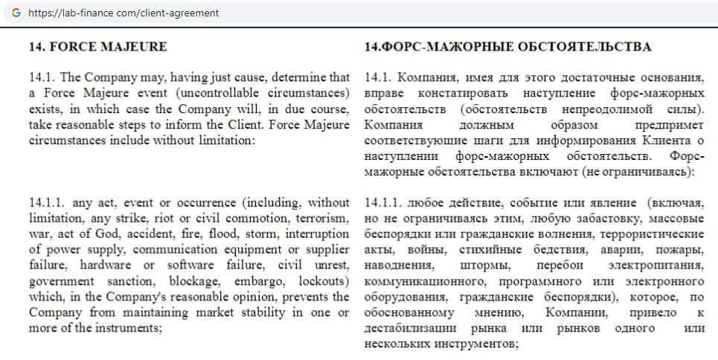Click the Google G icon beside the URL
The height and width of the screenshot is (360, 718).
click(16, 13)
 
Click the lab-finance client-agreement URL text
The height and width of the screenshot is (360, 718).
click(124, 13)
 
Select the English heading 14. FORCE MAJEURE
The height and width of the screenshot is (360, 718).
click(97, 46)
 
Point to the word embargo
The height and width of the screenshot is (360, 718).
click(269, 282)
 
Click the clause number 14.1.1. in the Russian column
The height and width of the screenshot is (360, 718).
click(384, 203)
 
